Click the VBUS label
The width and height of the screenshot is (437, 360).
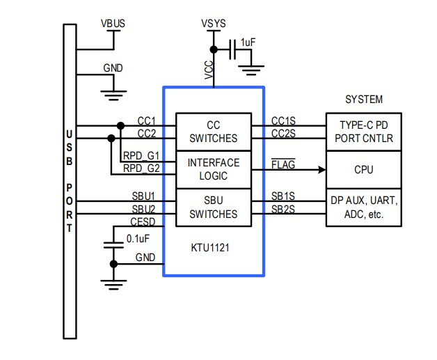pyautogui.click(x=113, y=24)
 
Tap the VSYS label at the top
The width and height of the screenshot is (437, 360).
pyautogui.click(x=214, y=24)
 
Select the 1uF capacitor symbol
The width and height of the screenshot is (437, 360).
pyautogui.click(x=234, y=50)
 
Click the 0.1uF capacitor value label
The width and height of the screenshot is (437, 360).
pyautogui.click(x=138, y=238)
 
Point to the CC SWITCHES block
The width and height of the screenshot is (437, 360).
pyautogui.click(x=213, y=132)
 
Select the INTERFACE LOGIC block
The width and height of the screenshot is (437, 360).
pyautogui.click(x=213, y=169)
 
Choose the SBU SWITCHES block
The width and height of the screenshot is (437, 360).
pyautogui.click(x=213, y=207)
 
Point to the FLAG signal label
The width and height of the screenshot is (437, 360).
pyautogui.click(x=283, y=164)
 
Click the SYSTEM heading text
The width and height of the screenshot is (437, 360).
pyautogui.click(x=364, y=100)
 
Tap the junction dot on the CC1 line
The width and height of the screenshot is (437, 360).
pyautogui.click(x=120, y=126)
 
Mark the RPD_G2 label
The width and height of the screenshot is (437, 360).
pyautogui.click(x=141, y=169)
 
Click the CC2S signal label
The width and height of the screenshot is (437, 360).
pyautogui.click(x=283, y=133)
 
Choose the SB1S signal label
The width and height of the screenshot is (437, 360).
pyautogui.click(x=283, y=196)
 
